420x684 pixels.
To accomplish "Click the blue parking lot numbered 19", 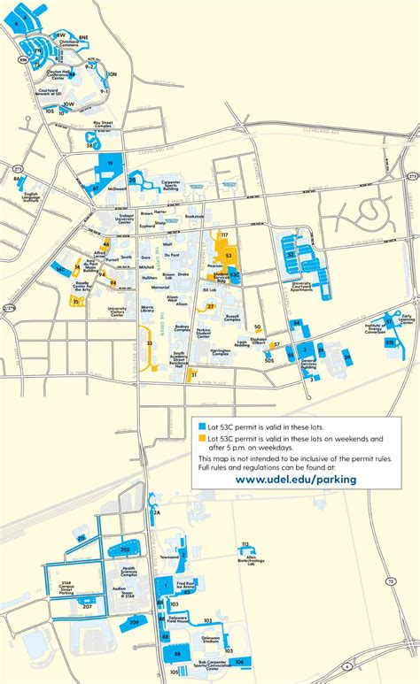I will coord(110,165).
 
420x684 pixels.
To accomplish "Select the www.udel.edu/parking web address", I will coord(296,479).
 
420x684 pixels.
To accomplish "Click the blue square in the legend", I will coord(201,425).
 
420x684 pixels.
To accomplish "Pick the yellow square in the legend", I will coord(201,438).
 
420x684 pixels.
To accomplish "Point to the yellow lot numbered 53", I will coord(229,254).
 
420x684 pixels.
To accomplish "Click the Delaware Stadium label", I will coord(210,639).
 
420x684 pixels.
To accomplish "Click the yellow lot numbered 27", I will coord(210,306).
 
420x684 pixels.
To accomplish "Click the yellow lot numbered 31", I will coord(192,375).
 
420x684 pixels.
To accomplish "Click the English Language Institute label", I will coord(32,196).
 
